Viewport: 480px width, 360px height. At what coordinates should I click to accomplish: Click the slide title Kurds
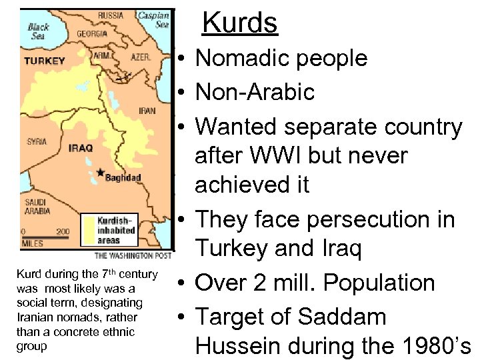tap(240, 23)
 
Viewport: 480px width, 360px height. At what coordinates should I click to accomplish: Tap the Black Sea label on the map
tap(39, 31)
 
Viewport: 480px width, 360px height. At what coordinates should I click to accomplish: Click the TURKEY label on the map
tap(45, 61)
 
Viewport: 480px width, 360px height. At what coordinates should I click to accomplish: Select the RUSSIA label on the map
tap(111, 15)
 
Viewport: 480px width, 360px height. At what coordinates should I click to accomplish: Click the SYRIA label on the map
tap(37, 141)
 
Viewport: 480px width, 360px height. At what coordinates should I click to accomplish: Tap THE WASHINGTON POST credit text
tap(133, 255)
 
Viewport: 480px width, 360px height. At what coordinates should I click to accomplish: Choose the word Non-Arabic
tap(255, 92)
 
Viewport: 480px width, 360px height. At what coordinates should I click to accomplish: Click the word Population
tap(379, 283)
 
